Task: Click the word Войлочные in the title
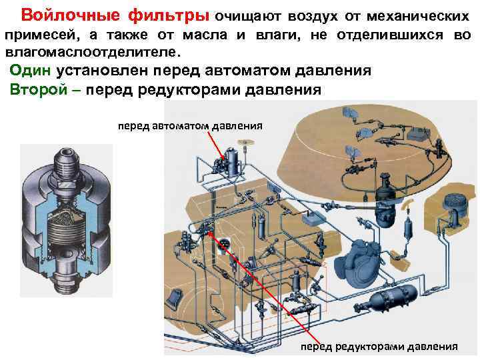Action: point(62,15)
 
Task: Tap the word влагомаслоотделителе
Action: point(91,52)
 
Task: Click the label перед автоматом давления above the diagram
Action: point(190,125)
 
